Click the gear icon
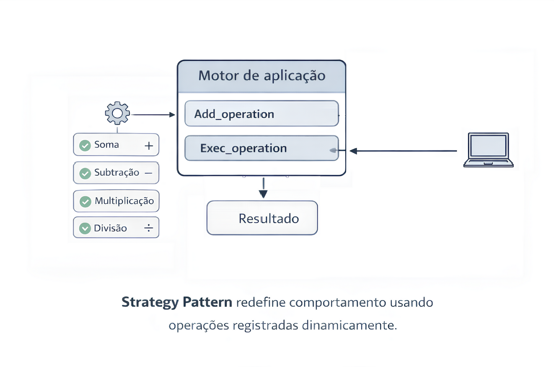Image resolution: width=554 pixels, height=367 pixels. coord(117,113)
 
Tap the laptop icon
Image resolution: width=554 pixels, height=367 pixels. coord(488,150)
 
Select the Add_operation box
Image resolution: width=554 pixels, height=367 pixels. coord(261,113)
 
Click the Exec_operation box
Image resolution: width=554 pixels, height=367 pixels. coord(261,148)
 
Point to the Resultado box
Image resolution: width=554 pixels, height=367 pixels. coord(262,218)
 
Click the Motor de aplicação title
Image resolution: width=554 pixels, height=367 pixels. coord(261,76)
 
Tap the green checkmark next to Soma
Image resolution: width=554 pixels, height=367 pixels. coord(85,145)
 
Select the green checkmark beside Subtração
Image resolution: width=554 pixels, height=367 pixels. coord(85,173)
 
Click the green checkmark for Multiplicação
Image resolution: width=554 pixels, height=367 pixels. coord(85,201)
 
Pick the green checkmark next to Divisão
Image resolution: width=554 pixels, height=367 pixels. coord(85,228)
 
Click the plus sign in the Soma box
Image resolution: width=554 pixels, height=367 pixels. coord(148,145)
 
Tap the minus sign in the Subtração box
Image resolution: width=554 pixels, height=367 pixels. coord(148,173)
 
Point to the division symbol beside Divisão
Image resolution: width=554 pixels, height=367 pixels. coord(148,228)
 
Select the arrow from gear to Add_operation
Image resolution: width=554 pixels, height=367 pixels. coord(153,114)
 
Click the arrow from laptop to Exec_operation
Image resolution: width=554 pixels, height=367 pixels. coord(402,151)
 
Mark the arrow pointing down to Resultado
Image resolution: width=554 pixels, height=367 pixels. coord(263,188)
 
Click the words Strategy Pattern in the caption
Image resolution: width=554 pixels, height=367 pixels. coord(177,302)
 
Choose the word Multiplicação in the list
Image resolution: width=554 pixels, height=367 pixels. coord(124,200)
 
